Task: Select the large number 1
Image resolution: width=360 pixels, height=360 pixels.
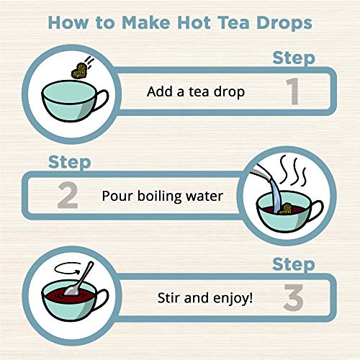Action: [x=292, y=93]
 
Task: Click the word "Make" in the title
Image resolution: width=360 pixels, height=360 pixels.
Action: [x=140, y=22]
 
